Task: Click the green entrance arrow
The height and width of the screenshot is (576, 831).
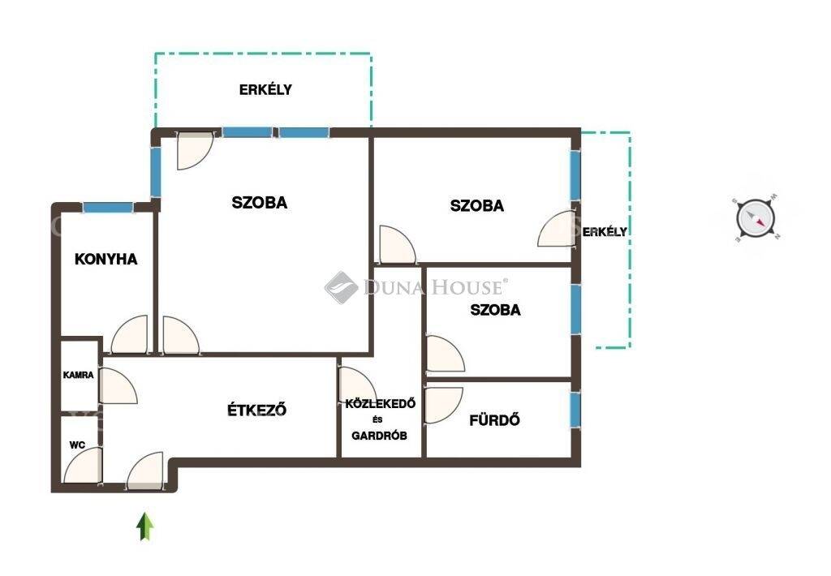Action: point(144,527)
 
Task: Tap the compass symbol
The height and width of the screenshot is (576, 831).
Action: point(756,217)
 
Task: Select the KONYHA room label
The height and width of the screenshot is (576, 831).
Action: point(106,259)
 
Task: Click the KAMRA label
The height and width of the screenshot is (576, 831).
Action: point(79,375)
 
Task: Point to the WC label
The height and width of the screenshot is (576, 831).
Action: point(77,445)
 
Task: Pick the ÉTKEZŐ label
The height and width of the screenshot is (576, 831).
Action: point(257,410)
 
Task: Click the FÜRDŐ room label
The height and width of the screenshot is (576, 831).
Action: point(494,420)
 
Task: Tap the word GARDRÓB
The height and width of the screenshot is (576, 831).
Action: point(380,436)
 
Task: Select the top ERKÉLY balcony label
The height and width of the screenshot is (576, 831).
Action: point(265,89)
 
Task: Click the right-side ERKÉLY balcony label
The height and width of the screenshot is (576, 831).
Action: point(605,231)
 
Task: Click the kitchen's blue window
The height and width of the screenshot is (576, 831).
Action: point(108,207)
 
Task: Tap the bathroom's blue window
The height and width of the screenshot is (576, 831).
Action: point(575,409)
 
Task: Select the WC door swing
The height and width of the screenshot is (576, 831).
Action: point(82,465)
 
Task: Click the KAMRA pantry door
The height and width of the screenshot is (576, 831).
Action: point(118,386)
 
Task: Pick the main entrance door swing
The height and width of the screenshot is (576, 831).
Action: point(144,470)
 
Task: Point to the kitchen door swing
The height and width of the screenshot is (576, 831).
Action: point(129,334)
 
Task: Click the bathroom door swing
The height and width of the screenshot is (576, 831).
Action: point(444,406)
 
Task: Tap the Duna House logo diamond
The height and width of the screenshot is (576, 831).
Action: point(342,288)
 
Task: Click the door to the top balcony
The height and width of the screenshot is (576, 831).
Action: point(195,151)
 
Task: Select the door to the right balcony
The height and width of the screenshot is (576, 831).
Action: point(557,229)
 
